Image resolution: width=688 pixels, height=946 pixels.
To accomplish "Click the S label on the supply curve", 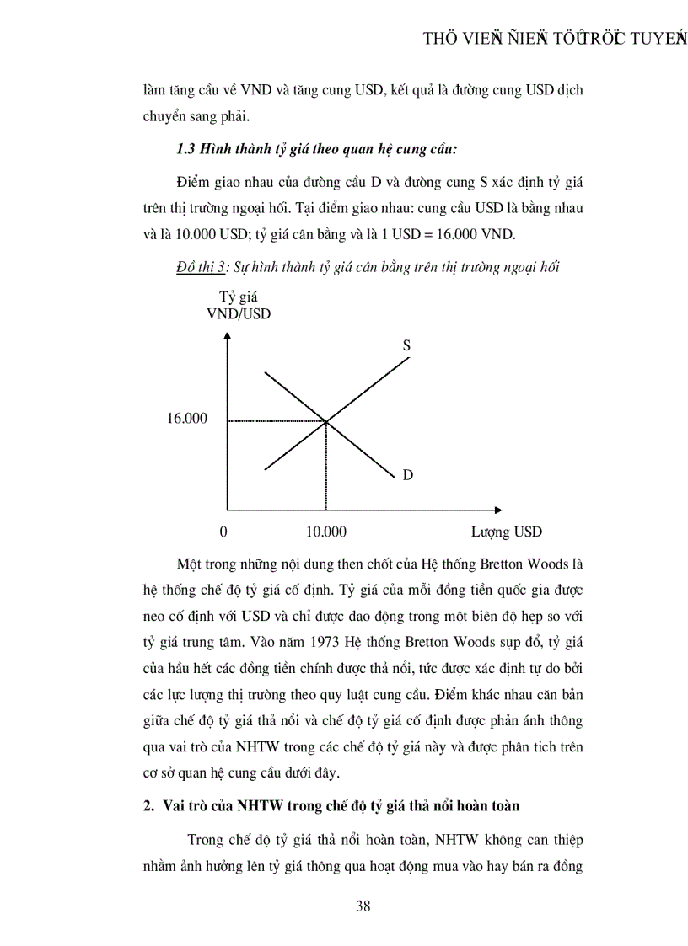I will (x=406, y=345).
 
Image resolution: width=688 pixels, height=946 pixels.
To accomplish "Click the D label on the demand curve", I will (x=407, y=475).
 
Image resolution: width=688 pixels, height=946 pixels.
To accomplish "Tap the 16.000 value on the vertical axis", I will (x=186, y=419).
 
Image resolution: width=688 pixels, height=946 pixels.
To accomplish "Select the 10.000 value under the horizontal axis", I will (x=325, y=532).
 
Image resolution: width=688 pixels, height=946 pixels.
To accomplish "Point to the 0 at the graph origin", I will (x=223, y=532).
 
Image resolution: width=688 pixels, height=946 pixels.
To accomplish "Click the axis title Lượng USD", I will (x=506, y=532).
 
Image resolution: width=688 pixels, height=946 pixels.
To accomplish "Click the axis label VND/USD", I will (x=239, y=314).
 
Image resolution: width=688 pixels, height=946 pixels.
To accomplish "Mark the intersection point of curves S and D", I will (x=326, y=420).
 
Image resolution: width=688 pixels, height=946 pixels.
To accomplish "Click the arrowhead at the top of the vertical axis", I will (x=227, y=336).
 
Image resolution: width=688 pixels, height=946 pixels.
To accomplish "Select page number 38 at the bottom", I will (x=363, y=906).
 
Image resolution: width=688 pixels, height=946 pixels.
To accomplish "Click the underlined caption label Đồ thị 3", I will (x=201, y=267).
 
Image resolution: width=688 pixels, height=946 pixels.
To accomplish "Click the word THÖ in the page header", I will (x=439, y=40).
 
